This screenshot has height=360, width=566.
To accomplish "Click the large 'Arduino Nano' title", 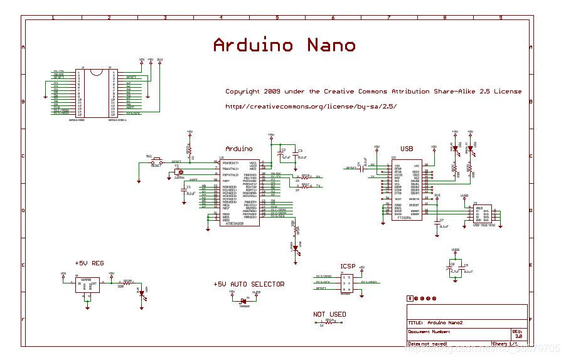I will (x=284, y=45).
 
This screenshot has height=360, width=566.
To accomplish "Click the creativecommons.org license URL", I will (x=311, y=107).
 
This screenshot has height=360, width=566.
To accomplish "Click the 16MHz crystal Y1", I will (x=179, y=171).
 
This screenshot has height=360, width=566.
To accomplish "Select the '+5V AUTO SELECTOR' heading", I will (x=248, y=284).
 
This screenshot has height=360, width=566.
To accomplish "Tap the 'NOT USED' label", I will (x=329, y=314).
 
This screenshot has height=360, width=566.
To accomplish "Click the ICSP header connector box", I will (x=346, y=282).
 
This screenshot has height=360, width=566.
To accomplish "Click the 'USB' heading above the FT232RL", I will (x=406, y=149).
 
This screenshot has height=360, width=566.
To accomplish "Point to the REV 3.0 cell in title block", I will (x=517, y=334).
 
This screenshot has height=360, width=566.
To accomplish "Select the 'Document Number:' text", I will (x=429, y=332).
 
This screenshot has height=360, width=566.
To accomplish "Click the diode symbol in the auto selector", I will (x=244, y=297).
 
